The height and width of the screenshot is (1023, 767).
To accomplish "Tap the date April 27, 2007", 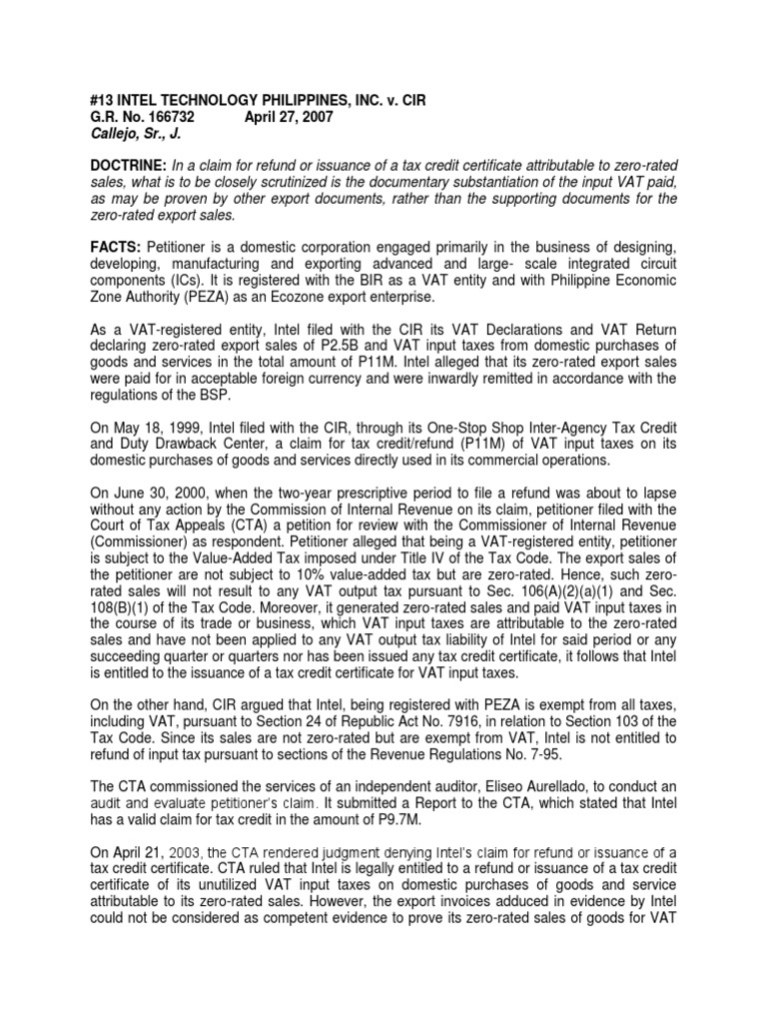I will (291, 117).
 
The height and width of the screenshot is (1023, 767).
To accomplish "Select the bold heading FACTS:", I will (115, 247).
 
